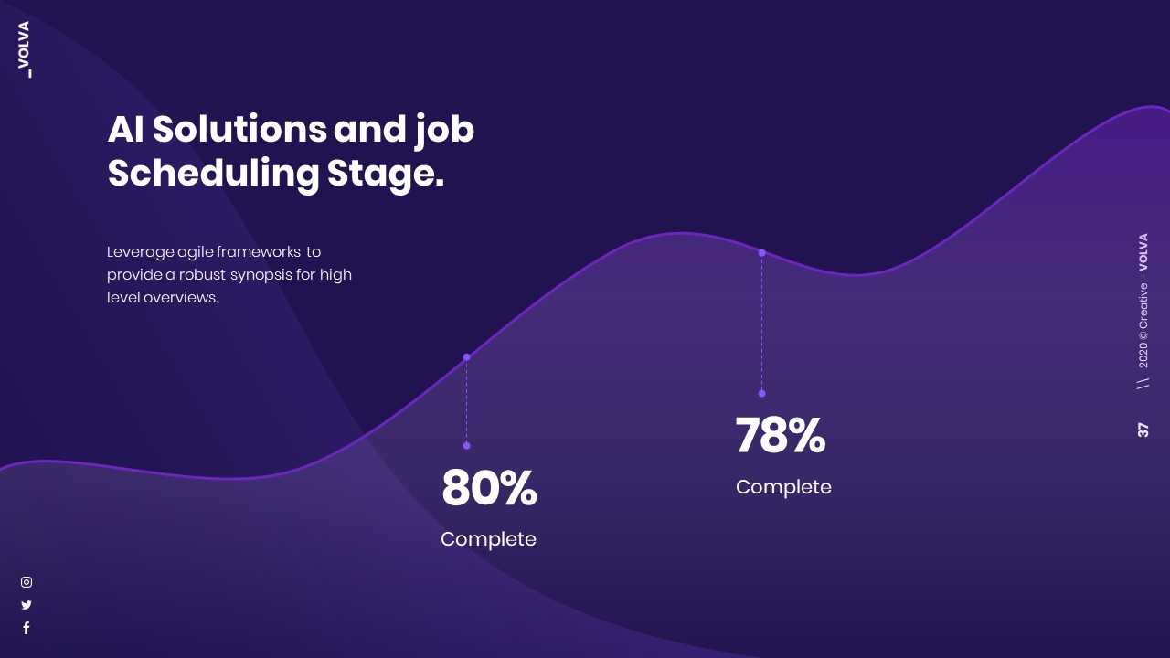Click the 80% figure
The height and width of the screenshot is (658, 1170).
click(489, 489)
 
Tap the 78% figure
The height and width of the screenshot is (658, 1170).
click(781, 436)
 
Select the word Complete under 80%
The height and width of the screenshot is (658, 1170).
click(488, 539)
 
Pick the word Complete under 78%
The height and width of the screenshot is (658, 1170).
click(783, 487)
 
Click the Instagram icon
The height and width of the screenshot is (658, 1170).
click(27, 582)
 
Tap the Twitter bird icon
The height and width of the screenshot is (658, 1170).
click(27, 605)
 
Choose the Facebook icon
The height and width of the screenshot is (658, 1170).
click(27, 628)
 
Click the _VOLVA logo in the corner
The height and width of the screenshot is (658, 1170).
click(24, 49)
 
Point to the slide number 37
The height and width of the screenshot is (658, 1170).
click(1143, 430)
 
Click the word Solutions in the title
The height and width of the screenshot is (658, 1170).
click(239, 130)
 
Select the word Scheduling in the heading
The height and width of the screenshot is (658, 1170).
click(213, 174)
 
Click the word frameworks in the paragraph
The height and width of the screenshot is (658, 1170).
click(259, 251)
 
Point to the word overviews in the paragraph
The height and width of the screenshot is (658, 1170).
click(180, 297)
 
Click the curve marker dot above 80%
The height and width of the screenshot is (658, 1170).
click(466, 357)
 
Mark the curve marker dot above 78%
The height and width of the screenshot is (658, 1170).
click(761, 253)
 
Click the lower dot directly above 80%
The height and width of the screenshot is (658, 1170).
click(466, 446)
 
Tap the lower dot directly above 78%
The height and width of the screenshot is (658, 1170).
click(761, 394)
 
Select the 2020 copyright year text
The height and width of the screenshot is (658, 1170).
click(1143, 355)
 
